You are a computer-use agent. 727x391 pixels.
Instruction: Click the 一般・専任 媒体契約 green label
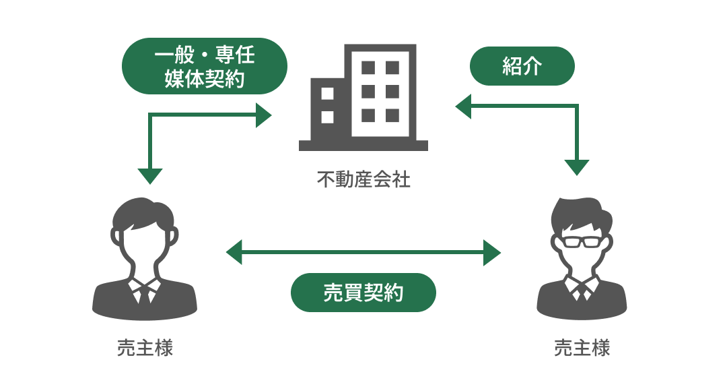(x=204, y=66)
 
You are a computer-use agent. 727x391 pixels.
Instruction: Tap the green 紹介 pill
(x=522, y=67)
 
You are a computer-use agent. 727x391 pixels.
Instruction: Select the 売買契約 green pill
(x=363, y=293)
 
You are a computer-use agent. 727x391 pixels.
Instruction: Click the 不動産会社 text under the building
(x=363, y=180)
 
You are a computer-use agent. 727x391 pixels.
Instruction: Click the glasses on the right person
(x=582, y=239)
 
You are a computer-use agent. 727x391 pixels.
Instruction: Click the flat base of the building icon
(x=363, y=145)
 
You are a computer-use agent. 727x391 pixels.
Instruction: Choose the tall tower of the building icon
(x=380, y=91)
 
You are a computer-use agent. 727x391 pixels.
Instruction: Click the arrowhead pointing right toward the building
(x=263, y=116)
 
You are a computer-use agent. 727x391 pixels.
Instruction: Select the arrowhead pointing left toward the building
(x=464, y=107)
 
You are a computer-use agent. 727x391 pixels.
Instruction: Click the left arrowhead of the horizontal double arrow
(x=234, y=253)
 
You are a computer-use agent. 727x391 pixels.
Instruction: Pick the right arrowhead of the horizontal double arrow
(x=493, y=253)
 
